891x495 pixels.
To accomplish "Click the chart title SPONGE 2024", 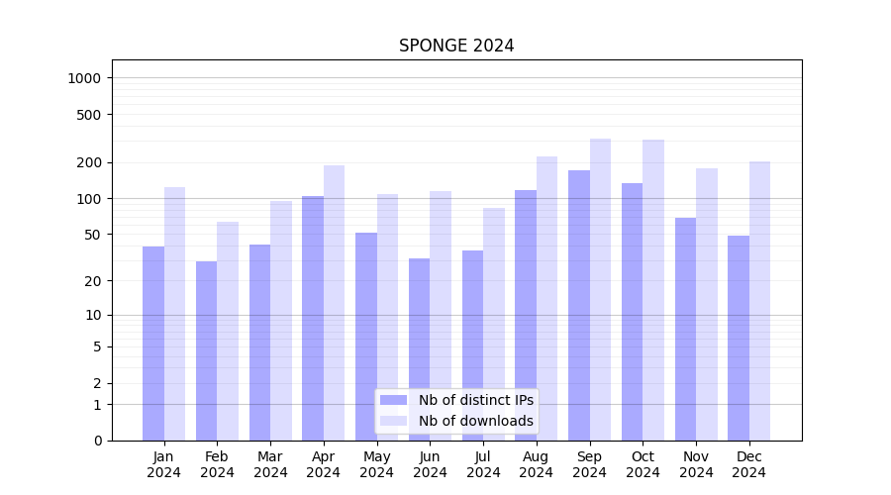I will click(x=456, y=46).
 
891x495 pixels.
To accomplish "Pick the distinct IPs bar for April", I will click(x=313, y=318).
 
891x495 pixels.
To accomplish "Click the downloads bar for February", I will click(x=228, y=331).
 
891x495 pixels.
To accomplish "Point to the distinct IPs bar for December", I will click(x=739, y=338).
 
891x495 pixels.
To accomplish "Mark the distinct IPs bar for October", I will click(x=633, y=311).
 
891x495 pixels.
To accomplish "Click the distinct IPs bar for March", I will click(x=259, y=342).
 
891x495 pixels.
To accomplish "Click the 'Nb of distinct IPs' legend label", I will click(x=475, y=400).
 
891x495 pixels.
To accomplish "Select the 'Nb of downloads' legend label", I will click(x=475, y=421).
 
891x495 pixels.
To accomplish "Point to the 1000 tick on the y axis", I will click(x=87, y=78).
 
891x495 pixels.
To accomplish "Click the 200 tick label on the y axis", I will click(x=91, y=162).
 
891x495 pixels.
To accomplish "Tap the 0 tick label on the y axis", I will click(x=97, y=441).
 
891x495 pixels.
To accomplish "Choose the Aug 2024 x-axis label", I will click(x=537, y=464).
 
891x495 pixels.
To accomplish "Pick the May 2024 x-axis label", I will click(x=377, y=464).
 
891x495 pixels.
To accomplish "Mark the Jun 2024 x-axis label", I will click(x=430, y=464).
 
